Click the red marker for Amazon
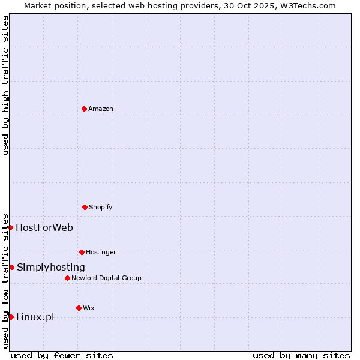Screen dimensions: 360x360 84,109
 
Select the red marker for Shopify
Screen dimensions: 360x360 85,207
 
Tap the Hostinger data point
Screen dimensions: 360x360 82,252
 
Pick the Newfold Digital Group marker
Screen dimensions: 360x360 67,278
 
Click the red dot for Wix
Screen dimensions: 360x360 79,308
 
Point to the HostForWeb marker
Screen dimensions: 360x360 10,227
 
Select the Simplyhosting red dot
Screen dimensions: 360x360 11,267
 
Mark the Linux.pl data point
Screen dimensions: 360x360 11,317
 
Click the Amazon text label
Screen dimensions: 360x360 101,109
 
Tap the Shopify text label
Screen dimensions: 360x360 101,207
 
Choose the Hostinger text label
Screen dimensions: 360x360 101,252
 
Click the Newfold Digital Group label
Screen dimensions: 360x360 106,278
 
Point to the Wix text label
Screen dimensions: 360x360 89,308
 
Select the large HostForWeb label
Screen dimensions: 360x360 44,227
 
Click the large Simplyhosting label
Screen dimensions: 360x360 51,267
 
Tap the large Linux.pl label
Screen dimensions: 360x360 35,317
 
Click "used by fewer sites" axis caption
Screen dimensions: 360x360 62,355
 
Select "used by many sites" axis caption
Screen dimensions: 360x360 301,355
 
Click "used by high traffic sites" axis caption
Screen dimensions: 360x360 5,85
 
